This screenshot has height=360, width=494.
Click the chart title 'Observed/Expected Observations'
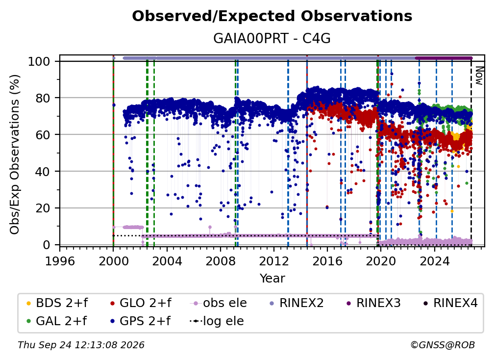click(272, 16)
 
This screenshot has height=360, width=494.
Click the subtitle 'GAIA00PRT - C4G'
click(272, 38)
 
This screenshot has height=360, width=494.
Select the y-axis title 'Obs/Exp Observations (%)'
click(15, 154)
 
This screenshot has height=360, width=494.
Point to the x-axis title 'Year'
click(272, 279)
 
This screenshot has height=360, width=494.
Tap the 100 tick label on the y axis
click(39, 61)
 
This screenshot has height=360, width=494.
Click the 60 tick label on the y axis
click(43, 134)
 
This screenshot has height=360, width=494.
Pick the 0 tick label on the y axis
click(47, 245)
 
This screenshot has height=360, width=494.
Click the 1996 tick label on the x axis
click(60, 261)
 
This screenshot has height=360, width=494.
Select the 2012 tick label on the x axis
click(274, 261)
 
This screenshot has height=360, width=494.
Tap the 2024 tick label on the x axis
click(434, 261)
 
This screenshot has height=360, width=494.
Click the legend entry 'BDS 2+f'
click(57, 303)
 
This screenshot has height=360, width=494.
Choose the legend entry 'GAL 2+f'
click(56, 321)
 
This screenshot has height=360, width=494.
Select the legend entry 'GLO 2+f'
click(141, 303)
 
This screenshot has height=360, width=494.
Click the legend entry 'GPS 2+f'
click(140, 321)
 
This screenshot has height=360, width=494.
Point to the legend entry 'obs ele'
click(219, 303)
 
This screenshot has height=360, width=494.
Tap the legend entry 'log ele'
click(217, 321)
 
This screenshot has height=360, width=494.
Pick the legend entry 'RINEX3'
click(373, 303)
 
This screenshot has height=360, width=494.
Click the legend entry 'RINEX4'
click(450, 303)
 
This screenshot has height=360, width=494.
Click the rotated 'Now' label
click(479, 76)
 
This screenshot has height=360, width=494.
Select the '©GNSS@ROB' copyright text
click(443, 345)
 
